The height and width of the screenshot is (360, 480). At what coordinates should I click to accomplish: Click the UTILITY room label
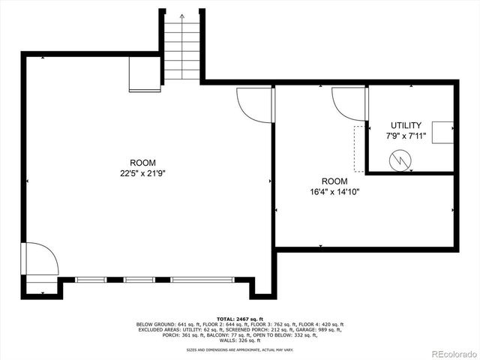click(x=406, y=125)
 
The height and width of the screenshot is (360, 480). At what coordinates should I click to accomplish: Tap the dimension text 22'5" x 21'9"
click(x=142, y=173)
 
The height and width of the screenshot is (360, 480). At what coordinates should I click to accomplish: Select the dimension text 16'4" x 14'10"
click(x=334, y=191)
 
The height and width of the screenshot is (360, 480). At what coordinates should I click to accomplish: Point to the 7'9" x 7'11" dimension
click(x=406, y=136)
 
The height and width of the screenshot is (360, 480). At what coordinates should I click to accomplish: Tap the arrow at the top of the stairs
click(x=182, y=16)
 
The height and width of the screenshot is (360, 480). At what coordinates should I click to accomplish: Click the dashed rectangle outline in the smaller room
click(x=359, y=148)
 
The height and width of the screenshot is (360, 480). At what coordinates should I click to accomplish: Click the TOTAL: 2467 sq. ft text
click(x=239, y=319)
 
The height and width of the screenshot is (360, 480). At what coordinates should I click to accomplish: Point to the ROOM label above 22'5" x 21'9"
click(x=142, y=163)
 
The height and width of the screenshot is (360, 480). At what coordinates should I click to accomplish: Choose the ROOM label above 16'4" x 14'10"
click(x=334, y=181)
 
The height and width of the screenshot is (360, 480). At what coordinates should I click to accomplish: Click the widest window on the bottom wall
click(x=202, y=280)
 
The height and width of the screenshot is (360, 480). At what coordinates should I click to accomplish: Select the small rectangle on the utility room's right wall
click(x=452, y=131)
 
